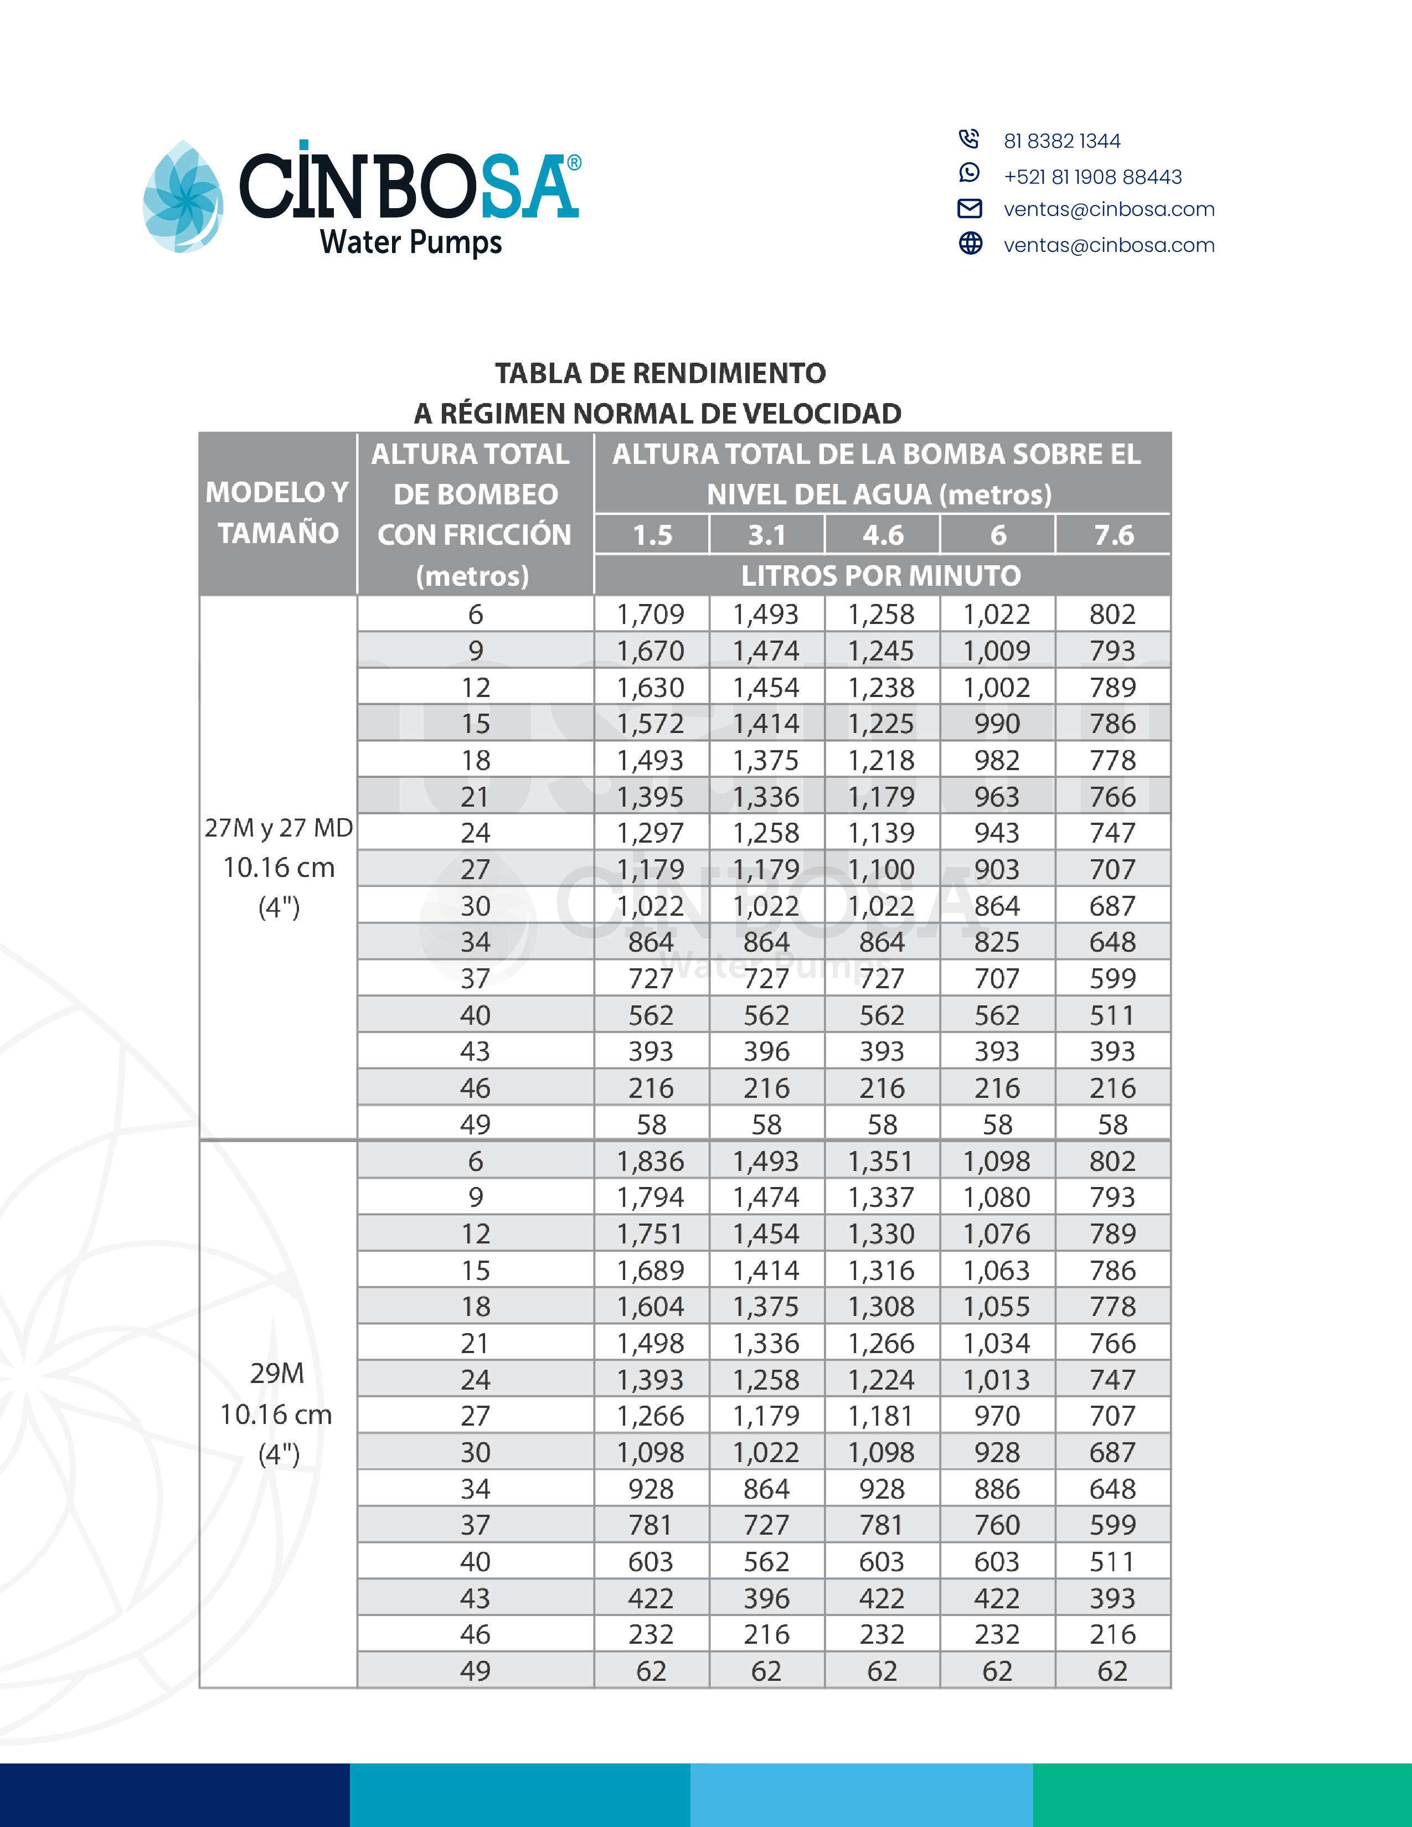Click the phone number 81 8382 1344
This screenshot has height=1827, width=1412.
click(1061, 141)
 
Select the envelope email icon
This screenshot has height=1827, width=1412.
click(970, 208)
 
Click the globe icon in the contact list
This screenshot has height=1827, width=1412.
click(970, 244)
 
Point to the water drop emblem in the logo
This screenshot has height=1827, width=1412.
click(183, 198)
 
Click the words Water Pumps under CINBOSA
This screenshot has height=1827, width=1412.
click(411, 242)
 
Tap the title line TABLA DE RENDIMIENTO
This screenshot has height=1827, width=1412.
click(660, 373)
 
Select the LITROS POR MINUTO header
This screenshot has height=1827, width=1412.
click(881, 576)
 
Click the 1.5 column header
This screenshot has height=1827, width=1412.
click(652, 535)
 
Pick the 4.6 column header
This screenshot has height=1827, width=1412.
click(883, 535)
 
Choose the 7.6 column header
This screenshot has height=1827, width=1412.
click(1114, 535)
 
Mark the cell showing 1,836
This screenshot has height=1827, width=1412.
click(651, 1161)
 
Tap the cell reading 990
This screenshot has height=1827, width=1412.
click(997, 724)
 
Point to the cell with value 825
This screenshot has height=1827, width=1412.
click(997, 942)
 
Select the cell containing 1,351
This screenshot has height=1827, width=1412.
click(882, 1161)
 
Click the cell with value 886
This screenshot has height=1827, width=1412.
click(997, 1489)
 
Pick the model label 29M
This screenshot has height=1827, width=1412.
click(277, 1374)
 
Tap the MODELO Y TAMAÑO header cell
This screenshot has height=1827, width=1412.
click(278, 513)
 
